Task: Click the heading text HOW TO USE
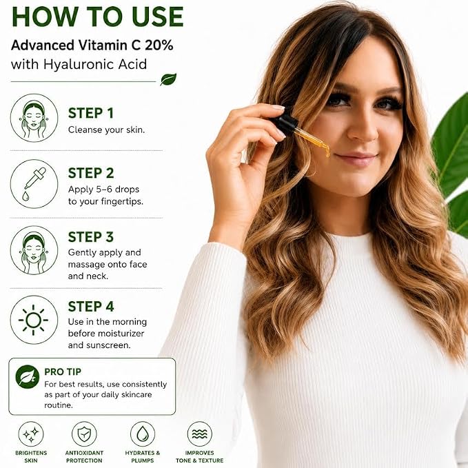[x=97, y=17]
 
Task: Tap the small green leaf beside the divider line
[x=168, y=79]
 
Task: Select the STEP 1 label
[x=91, y=114]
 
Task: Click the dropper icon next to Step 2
[x=34, y=184]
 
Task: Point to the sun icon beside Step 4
[x=33, y=320]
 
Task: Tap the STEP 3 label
[x=91, y=237]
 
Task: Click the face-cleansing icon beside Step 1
[x=34, y=118]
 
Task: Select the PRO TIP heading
[x=63, y=372]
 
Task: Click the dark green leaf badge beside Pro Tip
[x=28, y=376]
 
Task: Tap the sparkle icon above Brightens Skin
[x=31, y=434]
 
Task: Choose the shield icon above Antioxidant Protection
[x=84, y=434]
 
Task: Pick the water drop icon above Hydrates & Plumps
[x=143, y=434]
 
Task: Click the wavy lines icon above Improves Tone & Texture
[x=200, y=434]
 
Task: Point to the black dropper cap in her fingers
[x=285, y=122]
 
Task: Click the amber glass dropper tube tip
[x=327, y=153]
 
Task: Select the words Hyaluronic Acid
[x=95, y=65]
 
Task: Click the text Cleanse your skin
[x=106, y=130]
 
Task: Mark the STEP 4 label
[x=91, y=307]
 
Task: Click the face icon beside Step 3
[x=34, y=250]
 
